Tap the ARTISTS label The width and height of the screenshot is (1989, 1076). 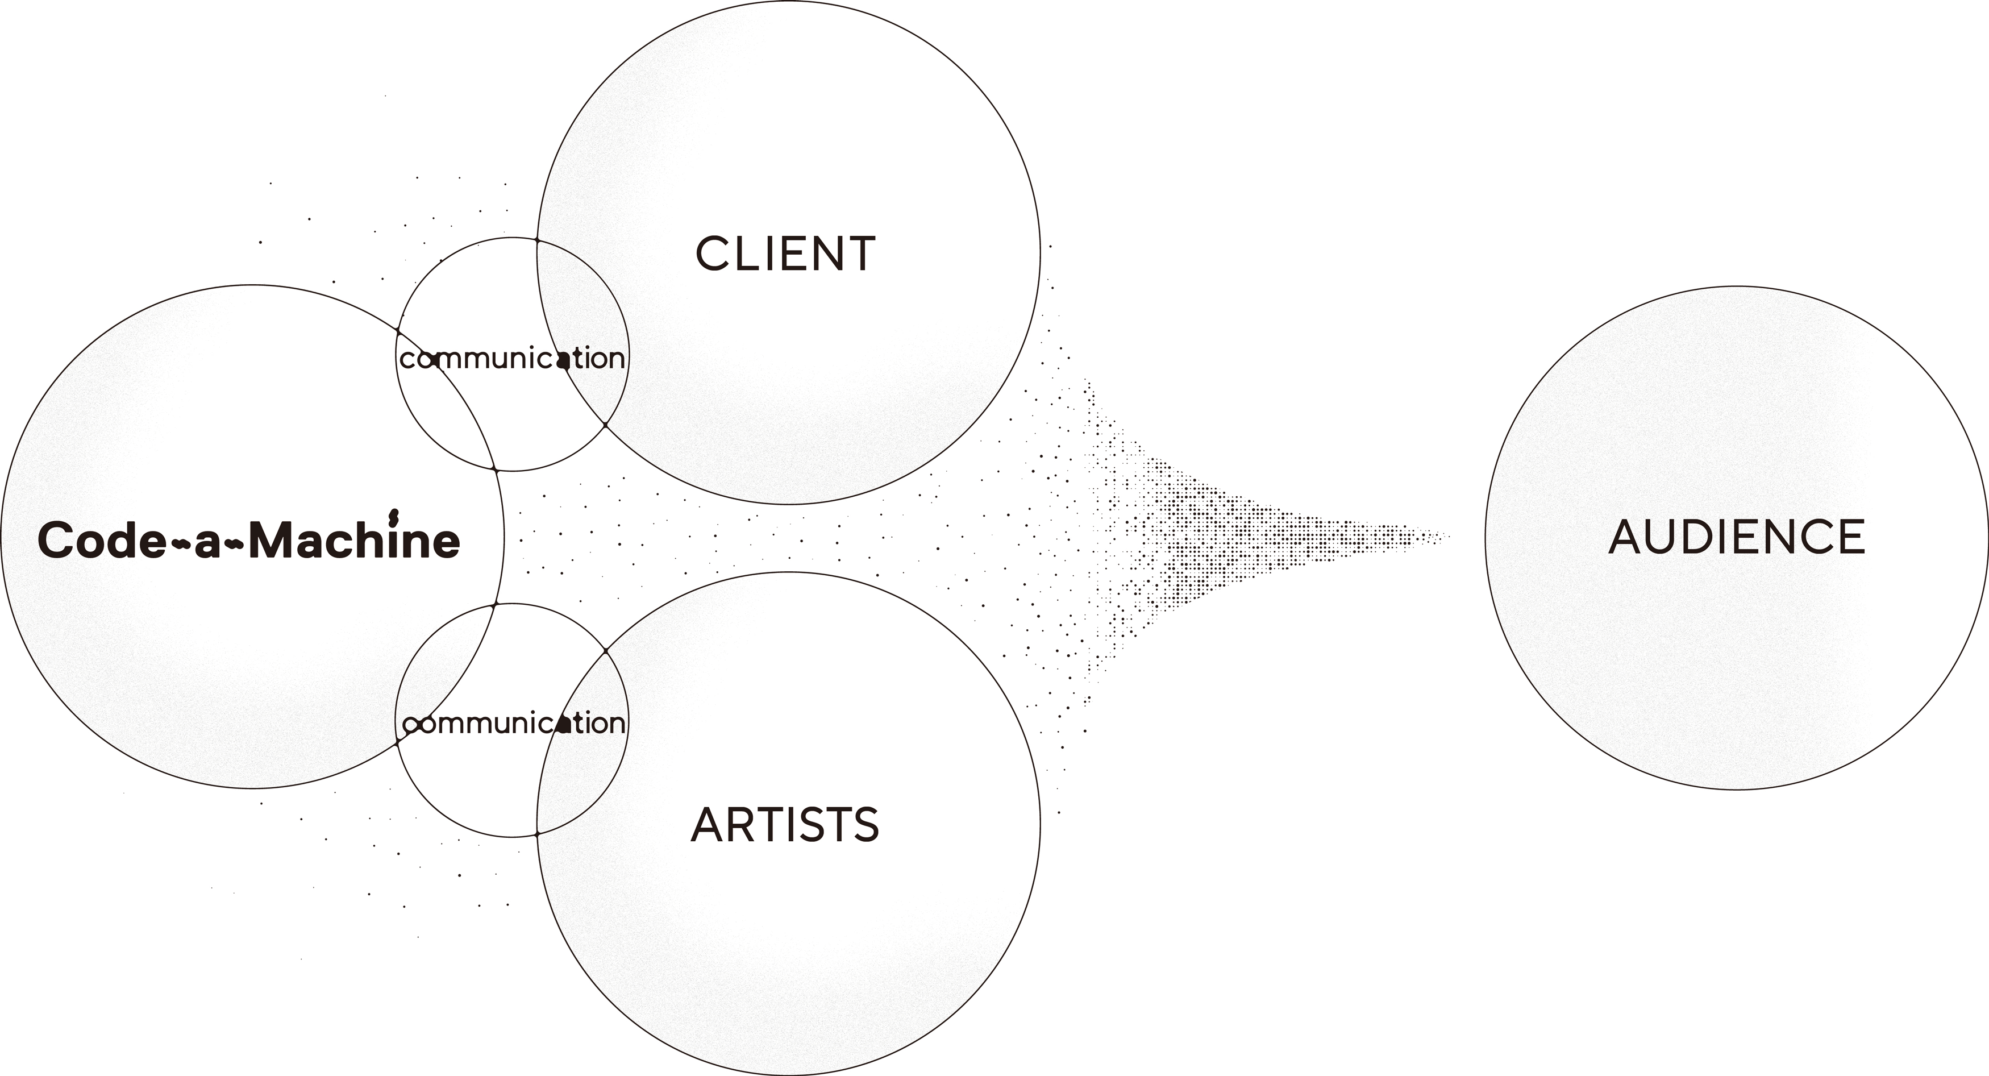[x=784, y=824]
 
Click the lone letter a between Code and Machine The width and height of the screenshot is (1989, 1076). [x=207, y=542]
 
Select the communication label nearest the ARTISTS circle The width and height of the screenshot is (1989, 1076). [x=514, y=724]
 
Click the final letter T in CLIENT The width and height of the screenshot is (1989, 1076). [x=860, y=254]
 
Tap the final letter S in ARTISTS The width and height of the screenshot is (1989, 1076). [x=865, y=825]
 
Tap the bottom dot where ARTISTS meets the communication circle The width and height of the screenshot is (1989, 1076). [x=536, y=834]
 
